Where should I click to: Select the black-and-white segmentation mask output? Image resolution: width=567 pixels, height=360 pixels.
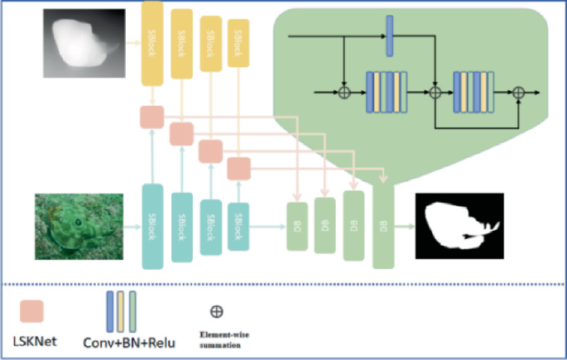click(459, 224)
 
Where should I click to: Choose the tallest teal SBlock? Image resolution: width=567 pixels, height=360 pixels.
click(152, 226)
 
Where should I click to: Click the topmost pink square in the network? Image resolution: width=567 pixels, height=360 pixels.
click(152, 117)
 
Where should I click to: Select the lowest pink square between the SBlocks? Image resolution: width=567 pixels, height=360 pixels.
click(239, 168)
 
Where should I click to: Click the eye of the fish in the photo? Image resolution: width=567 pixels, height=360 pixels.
click(76, 223)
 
